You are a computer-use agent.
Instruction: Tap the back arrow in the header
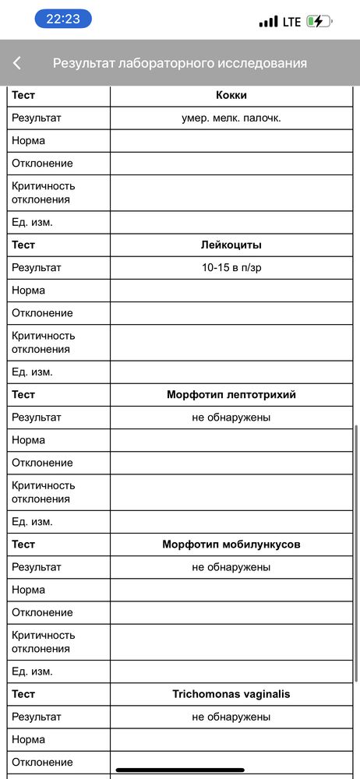click(17, 63)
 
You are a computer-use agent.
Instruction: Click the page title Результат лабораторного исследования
click(180, 63)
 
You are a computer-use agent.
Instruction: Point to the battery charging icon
click(318, 22)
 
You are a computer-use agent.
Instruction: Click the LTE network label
click(291, 22)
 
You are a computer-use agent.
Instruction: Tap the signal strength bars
click(268, 22)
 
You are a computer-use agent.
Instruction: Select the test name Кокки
click(231, 95)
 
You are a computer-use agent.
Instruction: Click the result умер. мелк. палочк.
click(231, 118)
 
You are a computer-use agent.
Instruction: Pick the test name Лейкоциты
click(231, 245)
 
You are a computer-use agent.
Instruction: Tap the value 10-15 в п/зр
click(231, 267)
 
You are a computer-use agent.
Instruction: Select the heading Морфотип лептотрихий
click(231, 395)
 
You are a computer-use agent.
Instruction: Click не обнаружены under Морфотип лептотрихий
click(231, 418)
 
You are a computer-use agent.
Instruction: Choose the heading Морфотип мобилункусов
click(231, 545)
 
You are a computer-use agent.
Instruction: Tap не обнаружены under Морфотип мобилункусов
click(231, 567)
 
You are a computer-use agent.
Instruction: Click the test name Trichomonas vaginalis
click(231, 694)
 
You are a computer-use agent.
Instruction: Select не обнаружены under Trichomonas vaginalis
click(231, 717)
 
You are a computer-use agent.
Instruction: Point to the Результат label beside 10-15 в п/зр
click(36, 267)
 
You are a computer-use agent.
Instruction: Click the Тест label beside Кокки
click(23, 95)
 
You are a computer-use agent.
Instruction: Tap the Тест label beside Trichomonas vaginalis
click(23, 694)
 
